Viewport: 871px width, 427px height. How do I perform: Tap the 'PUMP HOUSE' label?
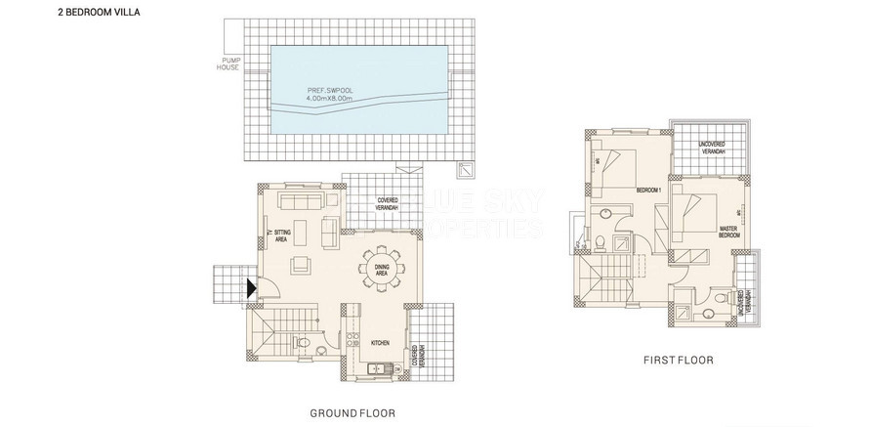(229, 64)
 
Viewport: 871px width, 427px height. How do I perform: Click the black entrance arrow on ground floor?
(251, 287)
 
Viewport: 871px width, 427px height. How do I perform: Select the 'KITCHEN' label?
(380, 342)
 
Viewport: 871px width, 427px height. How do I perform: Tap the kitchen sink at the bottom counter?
(374, 368)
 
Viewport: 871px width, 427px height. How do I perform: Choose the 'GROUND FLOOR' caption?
(352, 414)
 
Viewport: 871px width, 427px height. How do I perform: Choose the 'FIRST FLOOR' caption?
(678, 361)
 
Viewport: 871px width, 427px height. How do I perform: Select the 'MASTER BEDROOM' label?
(727, 232)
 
